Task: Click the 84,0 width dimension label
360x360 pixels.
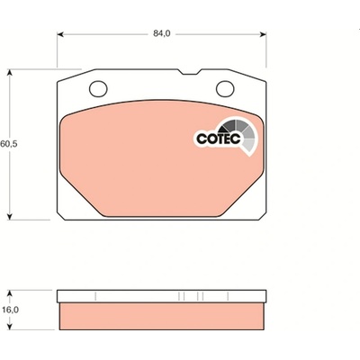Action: click(x=162, y=33)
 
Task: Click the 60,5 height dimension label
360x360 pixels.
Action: click(x=9, y=144)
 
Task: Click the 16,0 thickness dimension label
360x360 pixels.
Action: click(x=10, y=310)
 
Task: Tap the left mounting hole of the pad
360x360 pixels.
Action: click(x=98, y=89)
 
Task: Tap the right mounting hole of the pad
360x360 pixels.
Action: click(x=225, y=89)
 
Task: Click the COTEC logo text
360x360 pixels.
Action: click(x=219, y=139)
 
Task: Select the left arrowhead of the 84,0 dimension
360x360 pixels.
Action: click(x=60, y=34)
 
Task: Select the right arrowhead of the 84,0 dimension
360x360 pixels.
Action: click(x=263, y=34)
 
